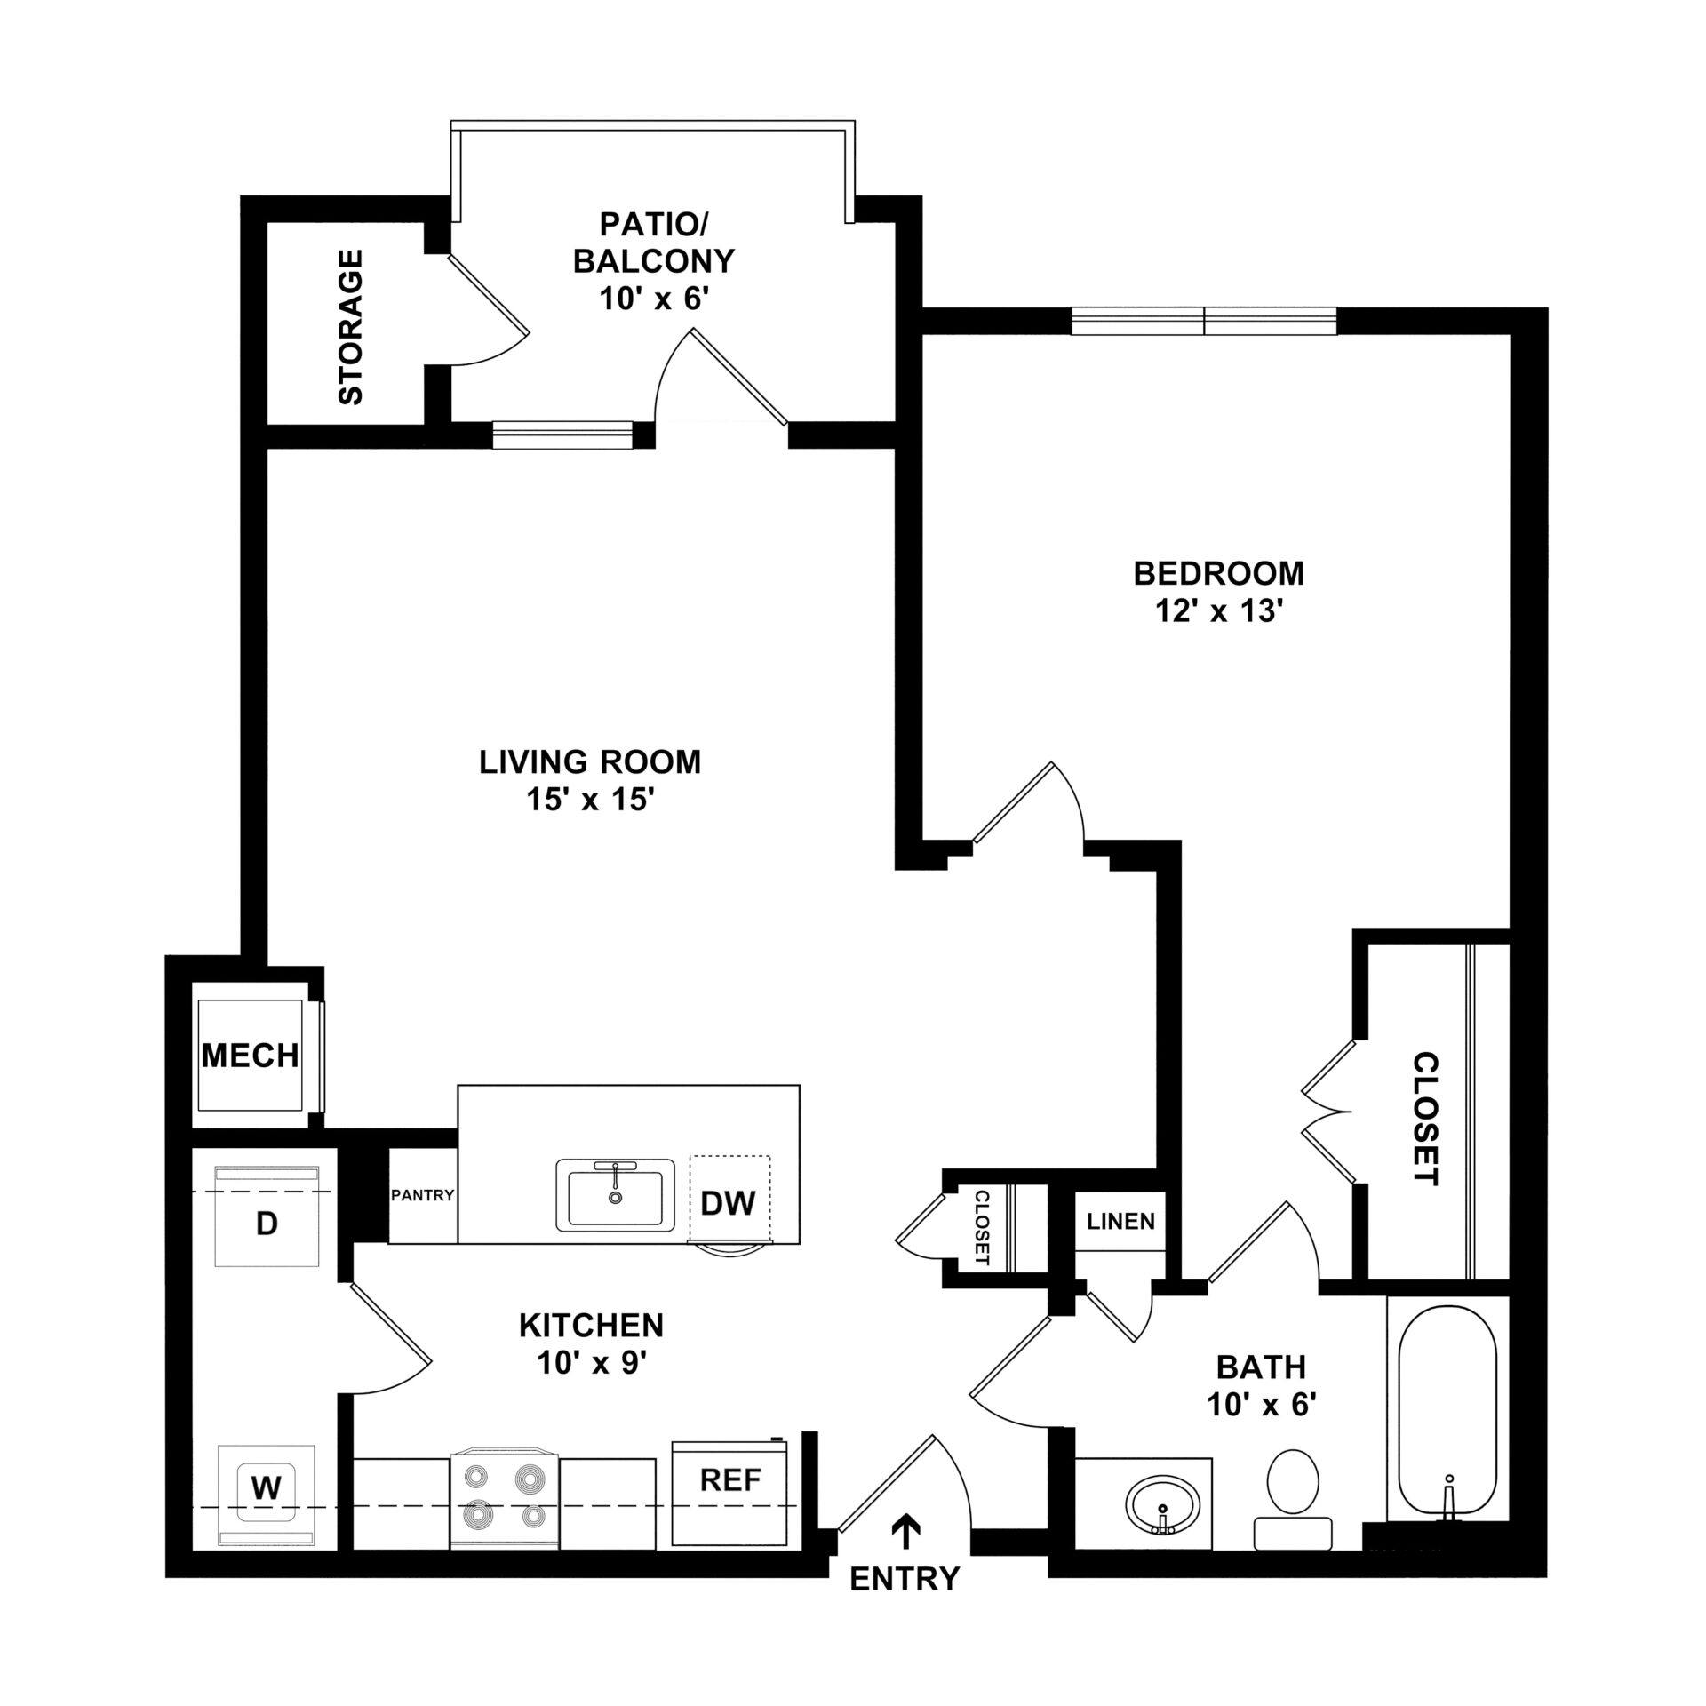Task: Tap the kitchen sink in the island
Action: point(615,1195)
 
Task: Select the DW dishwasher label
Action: point(728,1203)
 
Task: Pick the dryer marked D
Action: point(267,1216)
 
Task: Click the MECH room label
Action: point(250,1056)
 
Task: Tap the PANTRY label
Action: point(423,1195)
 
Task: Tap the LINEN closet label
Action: point(1120,1221)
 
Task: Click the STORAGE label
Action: point(351,327)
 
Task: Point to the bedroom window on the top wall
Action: point(1204,321)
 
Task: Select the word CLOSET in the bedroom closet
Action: point(1425,1120)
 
